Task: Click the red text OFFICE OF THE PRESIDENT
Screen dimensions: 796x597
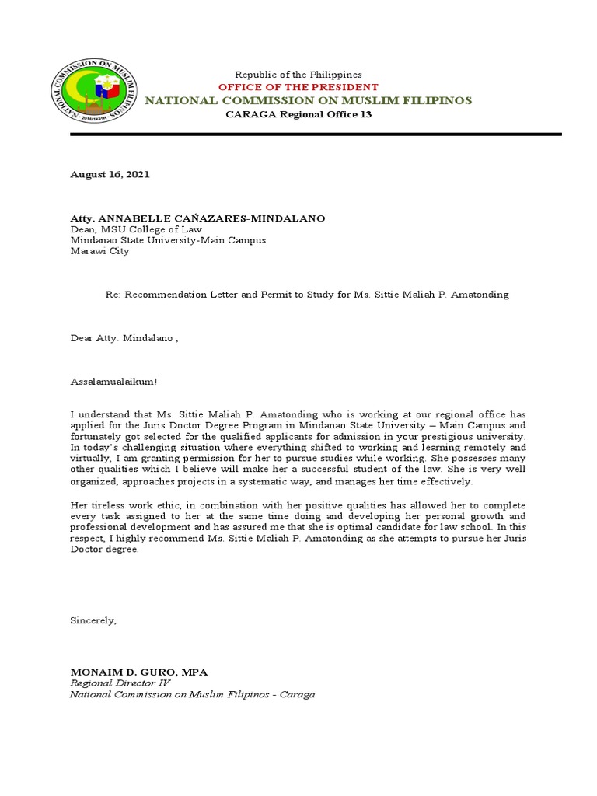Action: pos(298,87)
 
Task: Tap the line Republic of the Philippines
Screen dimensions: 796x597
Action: pos(298,74)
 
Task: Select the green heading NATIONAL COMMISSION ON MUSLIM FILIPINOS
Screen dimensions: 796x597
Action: pos(309,100)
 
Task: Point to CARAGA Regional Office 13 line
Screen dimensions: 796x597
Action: pos(298,114)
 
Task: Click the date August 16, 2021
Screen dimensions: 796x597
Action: pos(110,174)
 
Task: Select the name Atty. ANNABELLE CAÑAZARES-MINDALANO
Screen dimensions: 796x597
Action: pos(197,218)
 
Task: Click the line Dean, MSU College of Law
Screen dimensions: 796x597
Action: pos(136,229)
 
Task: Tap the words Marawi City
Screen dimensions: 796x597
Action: pos(100,251)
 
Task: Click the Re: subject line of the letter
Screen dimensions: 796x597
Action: pos(307,295)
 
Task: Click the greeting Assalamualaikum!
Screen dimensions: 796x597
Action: pos(113,382)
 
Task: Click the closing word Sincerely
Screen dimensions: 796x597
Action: pos(93,620)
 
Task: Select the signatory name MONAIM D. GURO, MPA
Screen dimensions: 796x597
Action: pos(139,672)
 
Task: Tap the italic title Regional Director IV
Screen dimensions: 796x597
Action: pos(120,683)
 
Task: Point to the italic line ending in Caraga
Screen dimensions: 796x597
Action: pos(192,693)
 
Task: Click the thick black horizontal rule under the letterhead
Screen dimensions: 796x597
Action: pos(316,134)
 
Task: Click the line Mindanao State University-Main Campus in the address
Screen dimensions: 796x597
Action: pos(168,240)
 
